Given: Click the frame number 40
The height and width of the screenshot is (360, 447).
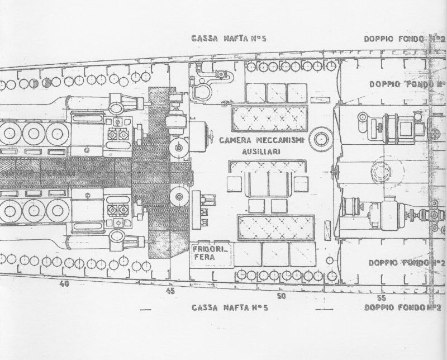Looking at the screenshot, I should pyautogui.click(x=65, y=284).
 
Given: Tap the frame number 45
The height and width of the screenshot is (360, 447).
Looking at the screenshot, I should pyautogui.click(x=170, y=291).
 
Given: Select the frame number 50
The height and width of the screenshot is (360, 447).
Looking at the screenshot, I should pyautogui.click(x=280, y=296).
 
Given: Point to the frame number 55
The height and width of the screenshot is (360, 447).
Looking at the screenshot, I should pyautogui.click(x=382, y=298).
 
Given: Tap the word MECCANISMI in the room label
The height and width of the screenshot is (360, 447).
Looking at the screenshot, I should pyautogui.click(x=277, y=140).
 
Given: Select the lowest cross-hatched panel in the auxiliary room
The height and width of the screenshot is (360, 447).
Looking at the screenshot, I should pyautogui.click(x=276, y=227).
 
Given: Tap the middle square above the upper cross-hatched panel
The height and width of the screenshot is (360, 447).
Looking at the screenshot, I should pyautogui.click(x=276, y=93).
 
